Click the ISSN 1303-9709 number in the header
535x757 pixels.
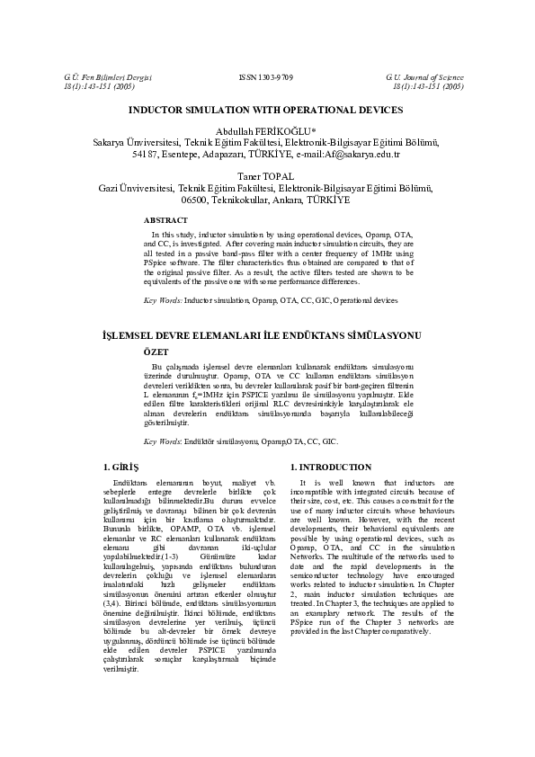tap(267, 78)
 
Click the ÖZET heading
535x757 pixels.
tap(156, 353)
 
